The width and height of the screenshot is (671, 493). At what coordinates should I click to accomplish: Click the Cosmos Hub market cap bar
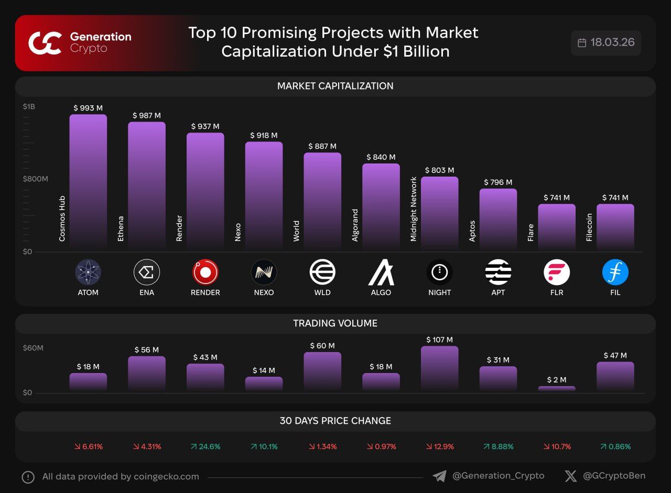88,181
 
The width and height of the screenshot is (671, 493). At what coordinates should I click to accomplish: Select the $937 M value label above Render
205,126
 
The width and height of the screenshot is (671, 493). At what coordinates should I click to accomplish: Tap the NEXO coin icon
264,272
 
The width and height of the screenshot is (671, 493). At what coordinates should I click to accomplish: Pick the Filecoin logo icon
615,272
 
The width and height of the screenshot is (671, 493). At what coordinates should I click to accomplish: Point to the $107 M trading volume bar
439,368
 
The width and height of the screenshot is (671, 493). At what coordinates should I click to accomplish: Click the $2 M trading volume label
557,379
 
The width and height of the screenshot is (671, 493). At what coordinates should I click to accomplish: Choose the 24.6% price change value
205,447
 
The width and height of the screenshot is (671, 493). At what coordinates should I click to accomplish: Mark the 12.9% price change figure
440,447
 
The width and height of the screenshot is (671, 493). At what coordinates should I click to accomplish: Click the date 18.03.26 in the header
612,42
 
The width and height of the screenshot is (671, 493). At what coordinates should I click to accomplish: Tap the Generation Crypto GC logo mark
45,43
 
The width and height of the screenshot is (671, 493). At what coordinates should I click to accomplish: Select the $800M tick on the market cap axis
35,179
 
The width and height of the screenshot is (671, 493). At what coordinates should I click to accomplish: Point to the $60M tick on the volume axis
33,348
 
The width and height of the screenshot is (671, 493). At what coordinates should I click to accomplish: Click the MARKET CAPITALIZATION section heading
335,86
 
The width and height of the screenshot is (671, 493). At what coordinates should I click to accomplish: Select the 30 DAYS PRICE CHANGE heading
335,421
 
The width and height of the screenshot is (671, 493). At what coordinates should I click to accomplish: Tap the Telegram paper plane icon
439,476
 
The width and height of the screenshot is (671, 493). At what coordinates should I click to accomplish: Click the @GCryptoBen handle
614,476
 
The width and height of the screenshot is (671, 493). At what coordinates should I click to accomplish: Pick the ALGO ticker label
381,292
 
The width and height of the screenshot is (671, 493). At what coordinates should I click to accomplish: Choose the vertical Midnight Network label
414,209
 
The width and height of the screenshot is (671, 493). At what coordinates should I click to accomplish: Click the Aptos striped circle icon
498,272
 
